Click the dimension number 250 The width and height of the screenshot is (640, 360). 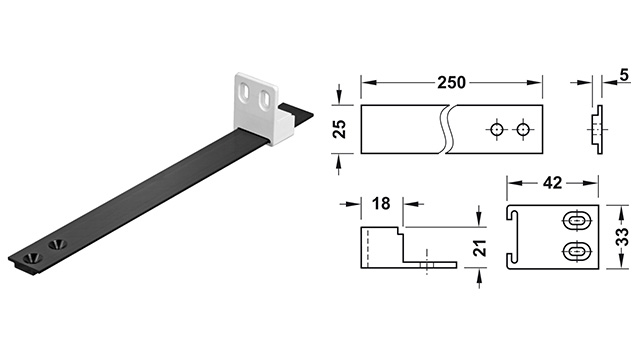(450, 82)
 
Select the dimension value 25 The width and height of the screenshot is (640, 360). (339, 128)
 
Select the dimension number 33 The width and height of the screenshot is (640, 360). (621, 239)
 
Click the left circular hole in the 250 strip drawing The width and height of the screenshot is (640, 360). (497, 129)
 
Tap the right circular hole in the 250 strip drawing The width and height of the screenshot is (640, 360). (523, 129)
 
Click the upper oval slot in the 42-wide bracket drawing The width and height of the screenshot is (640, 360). (577, 221)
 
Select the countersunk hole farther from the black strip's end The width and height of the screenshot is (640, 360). (53, 244)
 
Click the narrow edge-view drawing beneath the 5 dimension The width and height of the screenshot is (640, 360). (597, 130)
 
